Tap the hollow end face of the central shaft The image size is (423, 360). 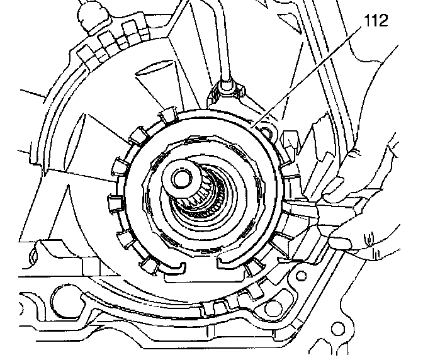pyautogui.click(x=182, y=176)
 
